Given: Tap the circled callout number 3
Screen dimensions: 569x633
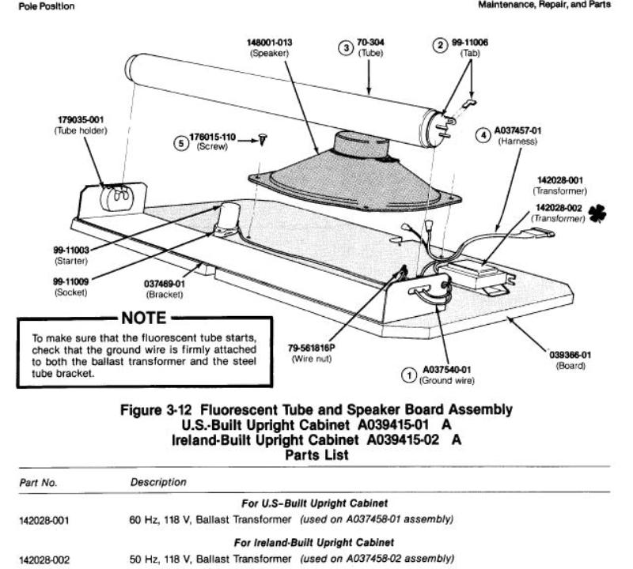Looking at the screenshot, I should [x=345, y=47].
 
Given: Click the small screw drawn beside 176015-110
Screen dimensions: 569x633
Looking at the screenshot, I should [x=263, y=139].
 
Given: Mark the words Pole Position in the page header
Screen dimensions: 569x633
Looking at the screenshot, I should [x=30, y=7].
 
